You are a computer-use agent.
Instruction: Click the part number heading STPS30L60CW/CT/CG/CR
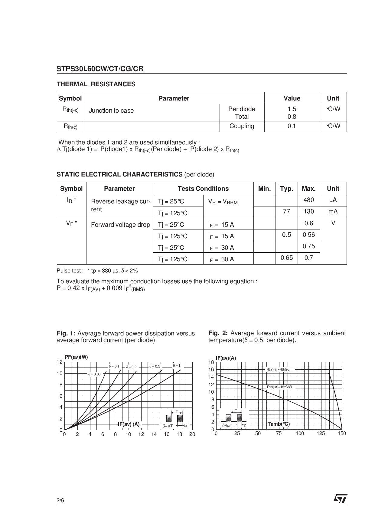point(100,69)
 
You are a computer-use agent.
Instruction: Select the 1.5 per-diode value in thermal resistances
point(292,109)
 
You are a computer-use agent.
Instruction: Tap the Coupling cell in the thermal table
point(242,126)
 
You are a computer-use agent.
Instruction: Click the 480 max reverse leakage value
point(308,200)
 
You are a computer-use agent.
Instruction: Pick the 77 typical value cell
point(286,211)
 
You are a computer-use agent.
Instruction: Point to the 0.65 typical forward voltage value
point(286,258)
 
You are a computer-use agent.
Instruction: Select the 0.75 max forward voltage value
point(308,246)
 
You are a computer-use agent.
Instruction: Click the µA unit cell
point(333,200)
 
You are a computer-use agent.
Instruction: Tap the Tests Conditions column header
point(203,189)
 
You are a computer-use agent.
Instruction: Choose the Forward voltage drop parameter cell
point(120,225)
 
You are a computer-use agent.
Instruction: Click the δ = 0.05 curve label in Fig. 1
point(94,374)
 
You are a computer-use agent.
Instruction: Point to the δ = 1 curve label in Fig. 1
point(176,365)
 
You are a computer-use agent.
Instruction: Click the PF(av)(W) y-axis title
point(76,357)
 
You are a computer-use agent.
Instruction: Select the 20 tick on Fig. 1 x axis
point(192,434)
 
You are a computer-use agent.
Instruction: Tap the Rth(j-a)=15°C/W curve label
point(279,387)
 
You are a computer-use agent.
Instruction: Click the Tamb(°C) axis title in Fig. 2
point(279,424)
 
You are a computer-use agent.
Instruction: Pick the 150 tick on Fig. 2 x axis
point(342,434)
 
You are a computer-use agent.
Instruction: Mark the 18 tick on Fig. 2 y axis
point(211,362)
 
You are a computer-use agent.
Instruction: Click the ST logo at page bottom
point(340,499)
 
